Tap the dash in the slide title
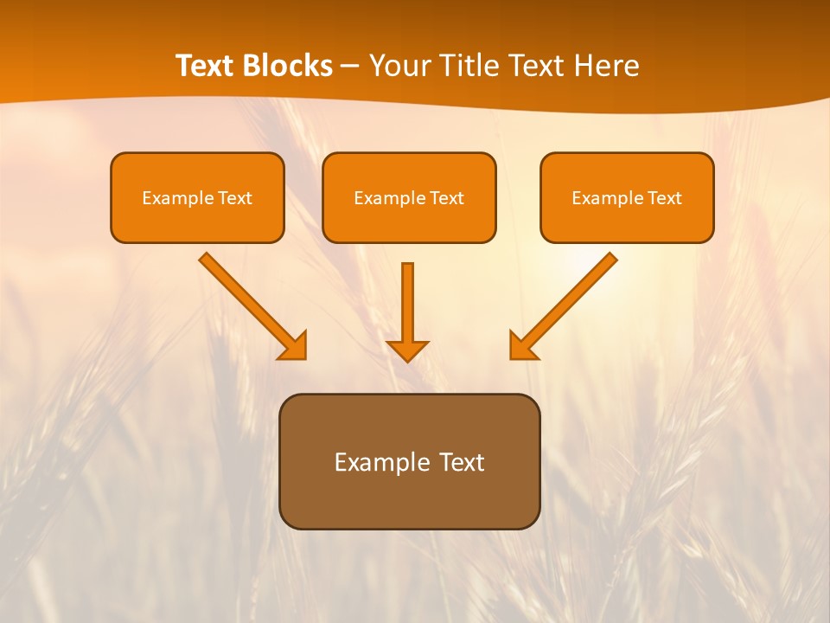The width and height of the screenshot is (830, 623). (x=350, y=67)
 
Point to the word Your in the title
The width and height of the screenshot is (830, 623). (x=399, y=66)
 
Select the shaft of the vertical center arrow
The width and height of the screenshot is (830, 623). (x=407, y=299)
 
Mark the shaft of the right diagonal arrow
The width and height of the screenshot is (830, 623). (x=575, y=294)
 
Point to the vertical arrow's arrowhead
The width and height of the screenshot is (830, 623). (x=407, y=350)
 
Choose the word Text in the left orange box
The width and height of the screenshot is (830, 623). (x=234, y=198)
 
